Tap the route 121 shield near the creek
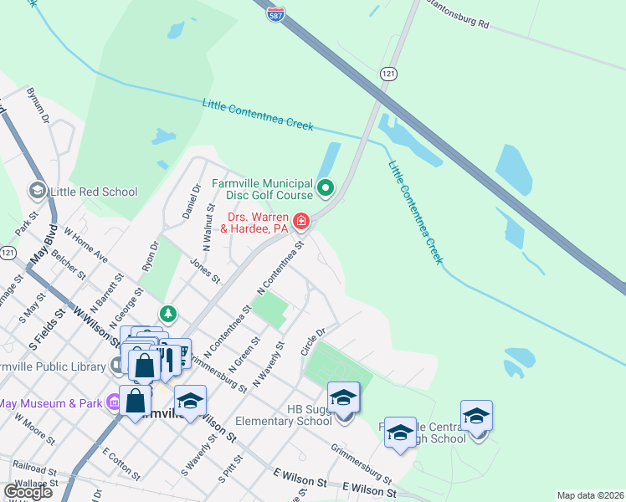387,74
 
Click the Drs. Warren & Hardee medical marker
300,222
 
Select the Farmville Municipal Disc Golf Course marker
326,187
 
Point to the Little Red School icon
38,192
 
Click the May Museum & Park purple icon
114,403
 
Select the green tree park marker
169,314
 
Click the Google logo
28,491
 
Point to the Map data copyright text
590,495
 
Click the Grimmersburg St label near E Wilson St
361,468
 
